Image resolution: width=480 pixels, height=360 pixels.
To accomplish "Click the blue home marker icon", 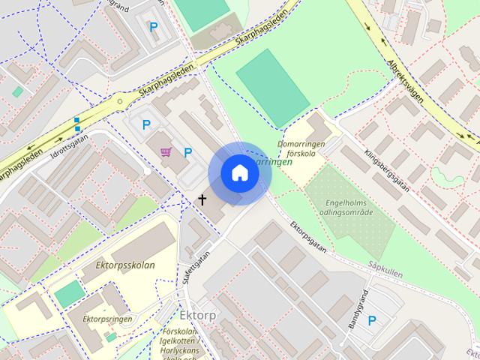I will click(240, 173).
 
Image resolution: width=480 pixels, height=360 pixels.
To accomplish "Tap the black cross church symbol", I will click(201, 199).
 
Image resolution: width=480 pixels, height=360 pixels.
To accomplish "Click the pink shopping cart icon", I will click(165, 152).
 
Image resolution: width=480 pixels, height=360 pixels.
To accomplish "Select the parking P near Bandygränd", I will click(371, 321).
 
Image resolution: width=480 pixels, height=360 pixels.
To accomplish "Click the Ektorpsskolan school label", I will click(125, 265).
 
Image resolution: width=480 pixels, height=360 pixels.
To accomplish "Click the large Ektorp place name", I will click(197, 315).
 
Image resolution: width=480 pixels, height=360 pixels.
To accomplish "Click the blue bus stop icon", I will click(77, 124).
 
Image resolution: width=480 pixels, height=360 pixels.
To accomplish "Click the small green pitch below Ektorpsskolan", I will click(70, 294).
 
